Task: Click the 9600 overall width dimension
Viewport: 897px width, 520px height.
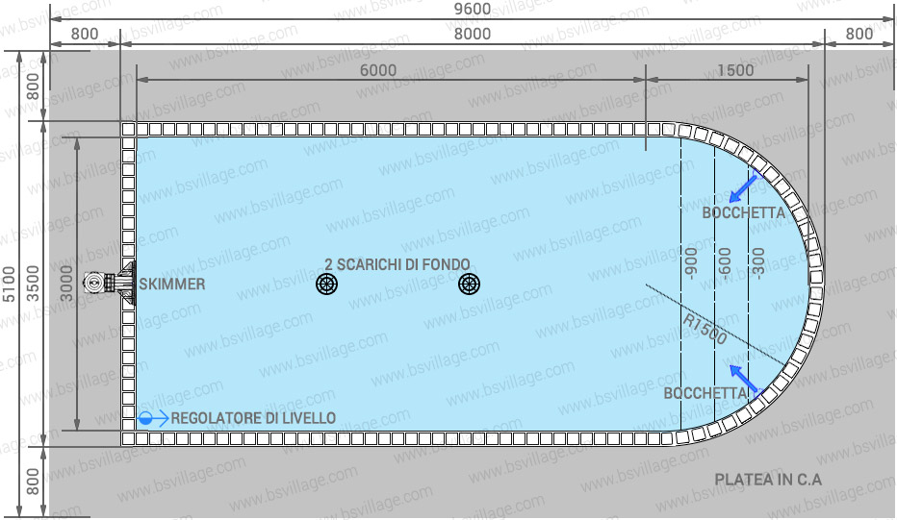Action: [x=472, y=10]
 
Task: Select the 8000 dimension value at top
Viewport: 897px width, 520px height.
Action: [x=472, y=34]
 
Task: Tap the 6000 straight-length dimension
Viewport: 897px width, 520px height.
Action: [x=378, y=70]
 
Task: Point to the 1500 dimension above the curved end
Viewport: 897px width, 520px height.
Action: [x=735, y=70]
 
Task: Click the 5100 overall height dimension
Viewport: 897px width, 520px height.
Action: [x=10, y=284]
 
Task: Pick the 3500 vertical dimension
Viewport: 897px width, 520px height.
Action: [x=33, y=284]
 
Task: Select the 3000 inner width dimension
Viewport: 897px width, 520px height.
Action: [x=67, y=283]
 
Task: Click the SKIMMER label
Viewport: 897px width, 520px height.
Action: [x=172, y=284]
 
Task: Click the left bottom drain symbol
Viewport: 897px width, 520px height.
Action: [x=326, y=284]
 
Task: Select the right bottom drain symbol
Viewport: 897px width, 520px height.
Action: [x=469, y=284]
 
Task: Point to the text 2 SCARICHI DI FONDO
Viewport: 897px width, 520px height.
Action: [x=397, y=264]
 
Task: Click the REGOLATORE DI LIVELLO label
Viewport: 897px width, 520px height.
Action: [x=253, y=418]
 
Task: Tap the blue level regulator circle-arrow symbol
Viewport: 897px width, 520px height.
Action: [x=153, y=419]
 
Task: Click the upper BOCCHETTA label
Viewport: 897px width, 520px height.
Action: [x=744, y=213]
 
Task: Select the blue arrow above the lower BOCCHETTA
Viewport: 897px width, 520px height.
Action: [x=746, y=379]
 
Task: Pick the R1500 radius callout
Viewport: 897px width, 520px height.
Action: [x=705, y=330]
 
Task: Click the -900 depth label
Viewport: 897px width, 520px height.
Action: [x=691, y=263]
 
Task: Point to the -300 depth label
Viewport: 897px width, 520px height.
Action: [x=758, y=263]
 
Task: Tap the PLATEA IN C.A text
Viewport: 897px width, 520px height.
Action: [x=768, y=480]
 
